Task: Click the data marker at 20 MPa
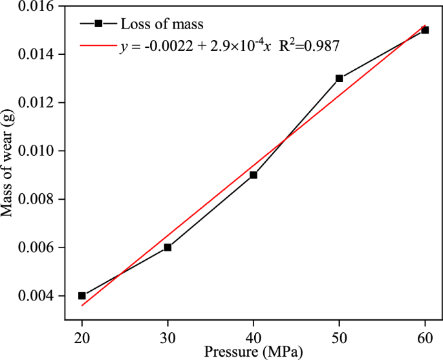tap(82, 295)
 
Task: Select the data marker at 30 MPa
tap(167, 247)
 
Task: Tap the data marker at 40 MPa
tap(254, 175)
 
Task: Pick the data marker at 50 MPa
tap(339, 78)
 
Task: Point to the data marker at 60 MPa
tap(425, 30)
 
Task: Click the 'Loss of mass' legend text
tap(162, 24)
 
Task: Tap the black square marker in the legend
tap(98, 24)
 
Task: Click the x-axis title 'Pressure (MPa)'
tap(253, 352)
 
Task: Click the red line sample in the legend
tap(98, 46)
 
